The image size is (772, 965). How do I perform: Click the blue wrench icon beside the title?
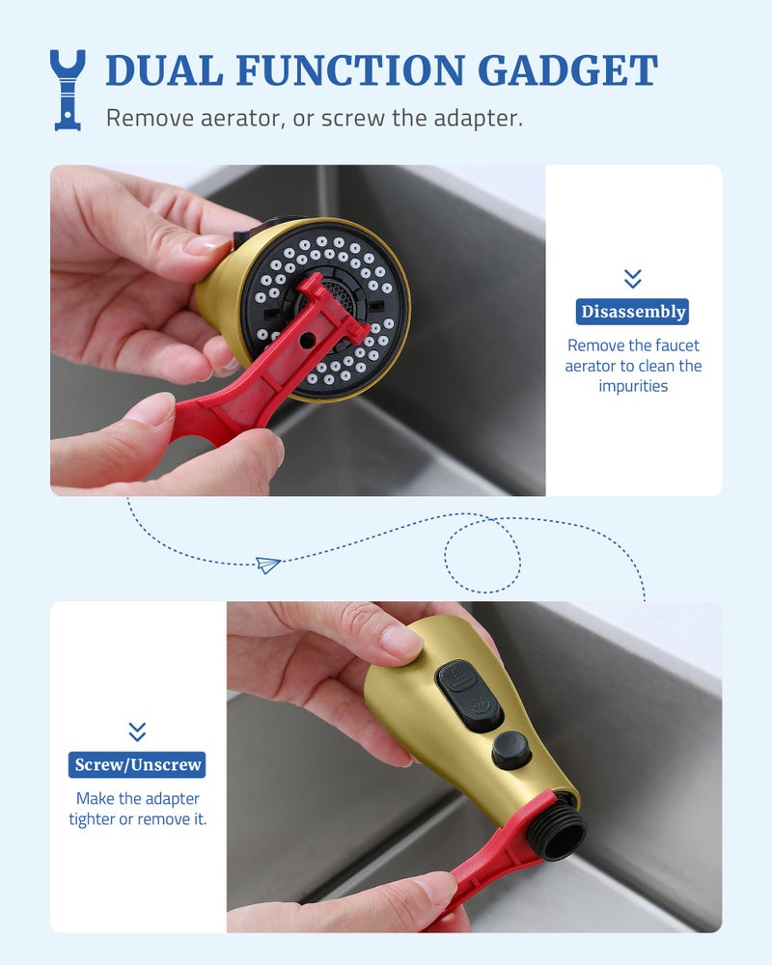[68, 90]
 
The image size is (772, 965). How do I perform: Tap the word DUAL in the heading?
[164, 70]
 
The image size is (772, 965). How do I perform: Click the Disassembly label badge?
[632, 312]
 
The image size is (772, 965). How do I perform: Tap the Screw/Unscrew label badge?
[137, 764]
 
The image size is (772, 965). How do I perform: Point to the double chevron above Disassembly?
[632, 278]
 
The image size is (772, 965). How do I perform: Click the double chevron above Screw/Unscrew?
[137, 731]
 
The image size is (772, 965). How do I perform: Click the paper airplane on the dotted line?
[268, 564]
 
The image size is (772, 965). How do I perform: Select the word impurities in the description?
[633, 386]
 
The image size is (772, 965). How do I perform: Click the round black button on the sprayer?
[511, 750]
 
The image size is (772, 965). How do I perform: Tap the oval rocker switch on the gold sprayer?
[468, 696]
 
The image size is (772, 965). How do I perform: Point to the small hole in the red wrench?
[305, 341]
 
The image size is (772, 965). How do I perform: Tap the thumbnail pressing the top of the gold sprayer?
[400, 643]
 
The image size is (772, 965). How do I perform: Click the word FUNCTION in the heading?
[349, 70]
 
